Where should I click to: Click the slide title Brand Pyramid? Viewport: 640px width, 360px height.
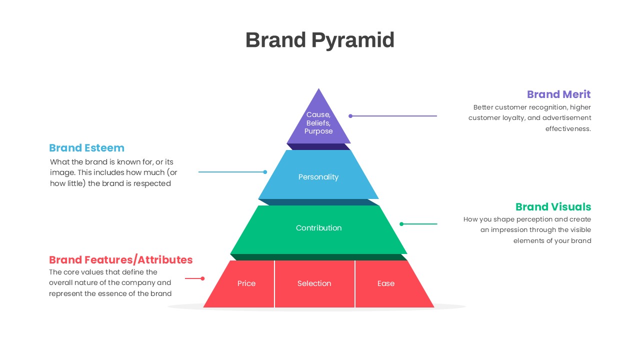pos(319,40)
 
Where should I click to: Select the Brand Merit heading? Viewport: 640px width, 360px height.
pos(558,94)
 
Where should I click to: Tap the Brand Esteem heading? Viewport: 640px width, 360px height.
pos(86,148)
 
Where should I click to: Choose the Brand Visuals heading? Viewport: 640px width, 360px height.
pos(553,207)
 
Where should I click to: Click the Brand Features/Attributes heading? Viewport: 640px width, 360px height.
pos(120,260)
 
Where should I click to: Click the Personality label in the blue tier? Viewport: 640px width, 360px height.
pos(318,177)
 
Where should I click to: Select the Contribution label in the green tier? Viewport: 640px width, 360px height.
pos(318,228)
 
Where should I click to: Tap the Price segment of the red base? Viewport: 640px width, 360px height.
pos(246,283)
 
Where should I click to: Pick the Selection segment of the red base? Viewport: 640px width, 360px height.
pos(314,283)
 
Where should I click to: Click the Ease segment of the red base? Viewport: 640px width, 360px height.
pos(385,283)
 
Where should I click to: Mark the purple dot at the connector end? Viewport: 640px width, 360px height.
pos(350,116)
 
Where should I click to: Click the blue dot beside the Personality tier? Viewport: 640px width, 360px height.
pos(265,172)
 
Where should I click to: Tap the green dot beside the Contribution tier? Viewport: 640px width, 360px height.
pos(401,224)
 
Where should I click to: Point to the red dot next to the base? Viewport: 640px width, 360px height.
pos(202,278)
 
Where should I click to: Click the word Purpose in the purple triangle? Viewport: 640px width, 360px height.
pos(318,131)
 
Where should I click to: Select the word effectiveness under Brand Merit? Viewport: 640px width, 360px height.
pos(568,128)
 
